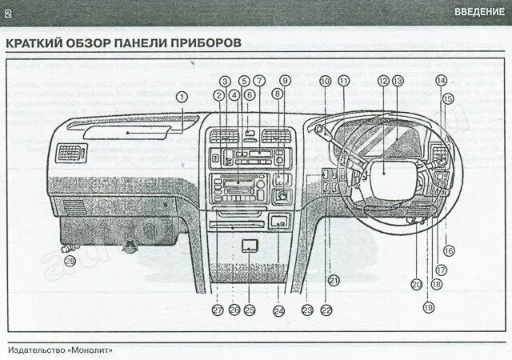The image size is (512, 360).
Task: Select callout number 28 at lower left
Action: [x=70, y=260]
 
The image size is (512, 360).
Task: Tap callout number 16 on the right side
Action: [x=448, y=250]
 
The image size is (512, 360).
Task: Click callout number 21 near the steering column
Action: [x=334, y=279]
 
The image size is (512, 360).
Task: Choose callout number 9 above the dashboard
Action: [x=285, y=81]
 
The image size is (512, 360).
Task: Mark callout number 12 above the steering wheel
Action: [x=383, y=81]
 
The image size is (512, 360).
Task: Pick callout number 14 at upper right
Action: [x=441, y=81]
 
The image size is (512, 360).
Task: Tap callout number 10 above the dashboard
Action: [x=325, y=81]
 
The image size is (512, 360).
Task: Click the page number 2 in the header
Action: [x=8, y=11]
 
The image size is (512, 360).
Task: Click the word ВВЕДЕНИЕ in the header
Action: [x=479, y=11]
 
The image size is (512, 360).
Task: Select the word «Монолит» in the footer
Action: [x=90, y=350]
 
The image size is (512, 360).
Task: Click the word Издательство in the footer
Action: [x=35, y=350]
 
